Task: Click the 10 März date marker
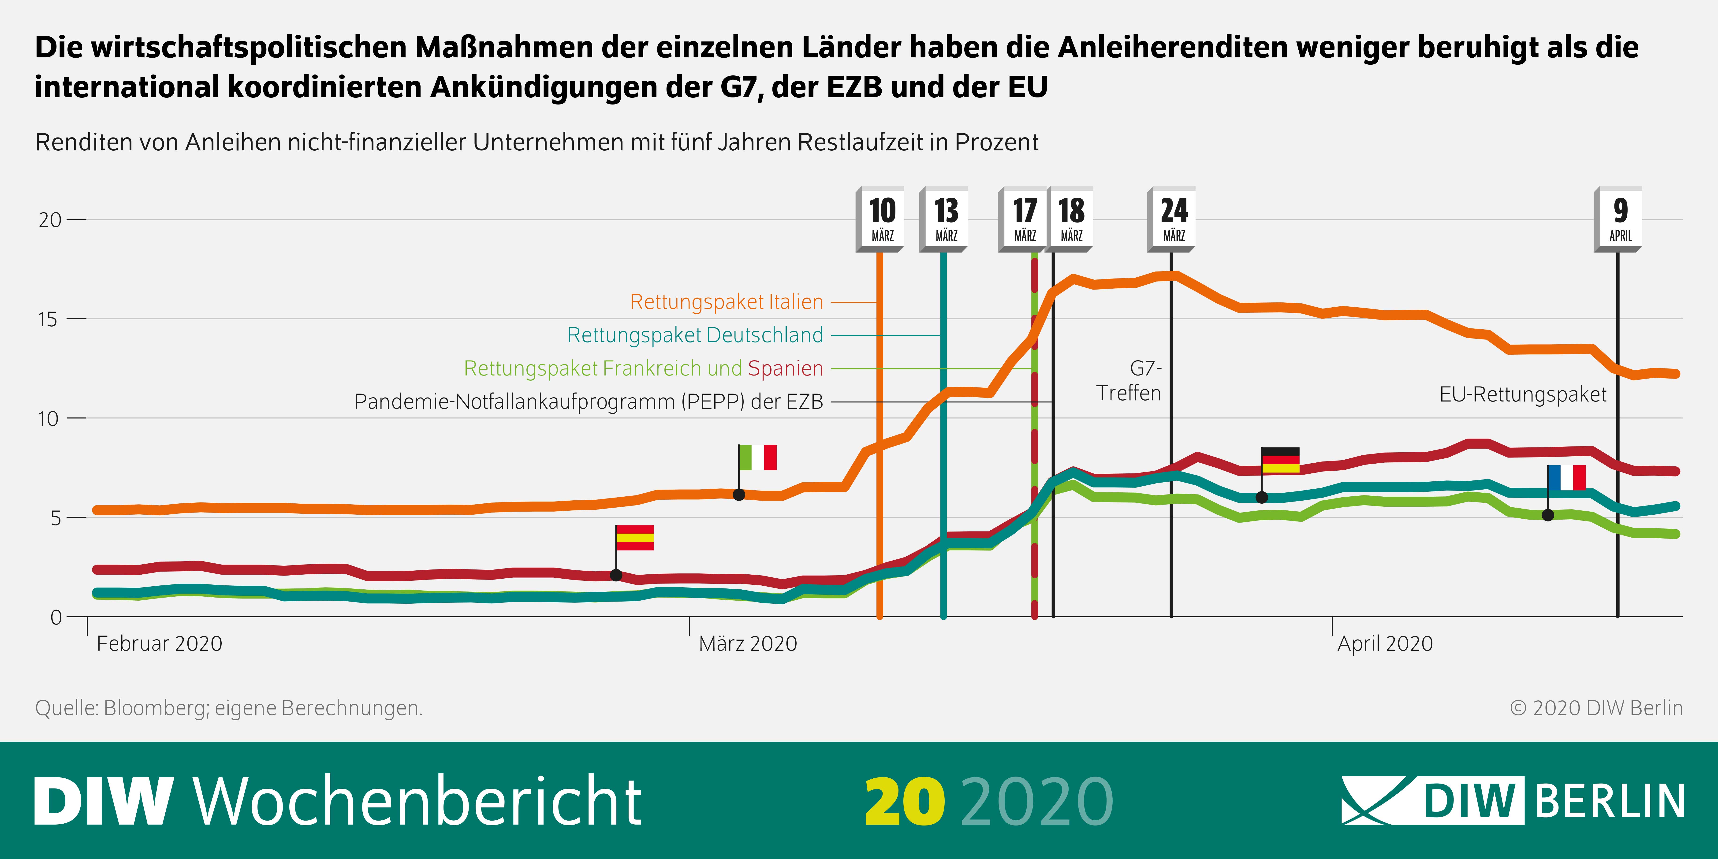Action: click(882, 219)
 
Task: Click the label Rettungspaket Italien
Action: click(726, 302)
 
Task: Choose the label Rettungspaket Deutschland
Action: click(695, 335)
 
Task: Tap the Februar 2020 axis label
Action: click(159, 643)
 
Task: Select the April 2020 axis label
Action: click(1385, 643)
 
